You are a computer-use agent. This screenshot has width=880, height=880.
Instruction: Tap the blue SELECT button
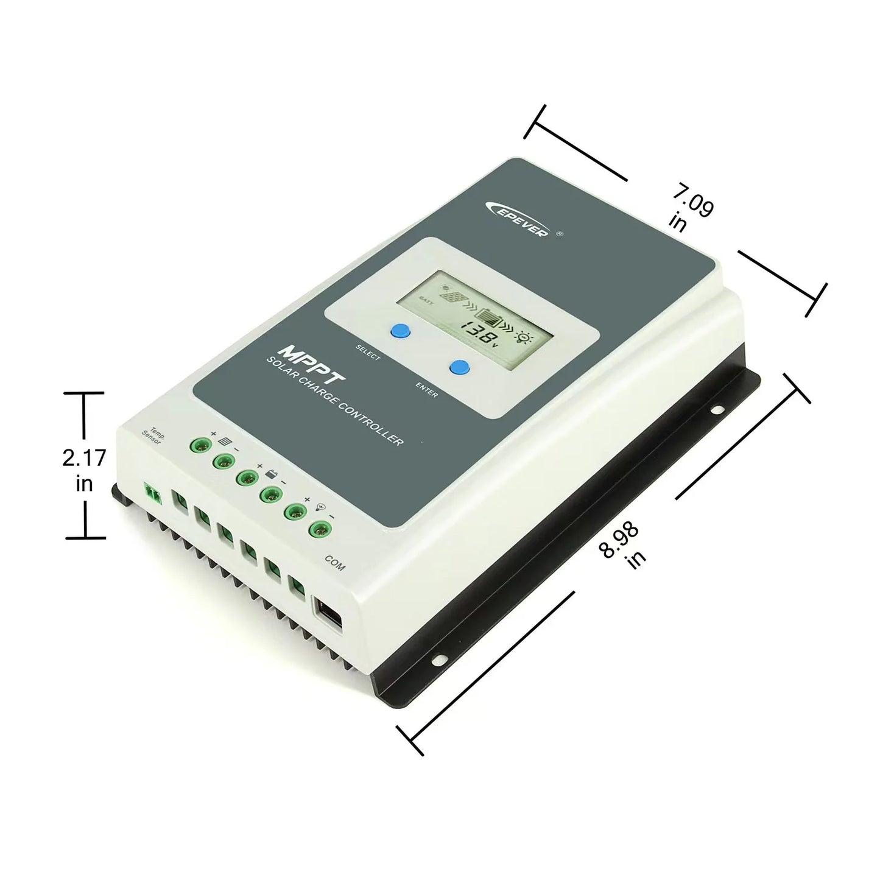click(x=400, y=331)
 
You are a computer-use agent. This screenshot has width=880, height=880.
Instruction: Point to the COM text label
click(x=335, y=563)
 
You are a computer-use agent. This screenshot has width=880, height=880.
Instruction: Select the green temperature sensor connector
click(x=153, y=493)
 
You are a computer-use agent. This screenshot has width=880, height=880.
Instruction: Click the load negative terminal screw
click(x=319, y=529)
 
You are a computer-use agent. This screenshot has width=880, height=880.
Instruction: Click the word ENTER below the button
click(x=426, y=390)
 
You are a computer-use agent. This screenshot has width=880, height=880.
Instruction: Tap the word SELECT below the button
click(x=368, y=352)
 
